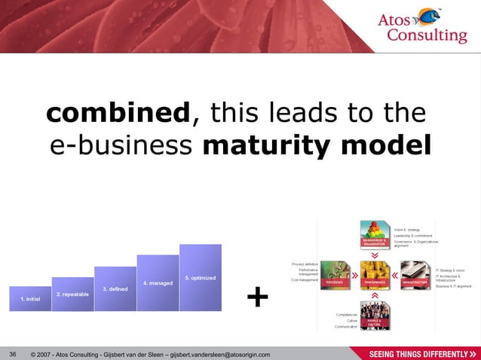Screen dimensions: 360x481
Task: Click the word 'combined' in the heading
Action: pyautogui.click(x=117, y=114)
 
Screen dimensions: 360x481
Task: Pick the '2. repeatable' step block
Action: pyautogui.click(x=72, y=294)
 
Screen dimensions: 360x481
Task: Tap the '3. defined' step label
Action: pyautogui.click(x=115, y=289)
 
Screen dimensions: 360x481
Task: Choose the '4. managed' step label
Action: pyautogui.click(x=158, y=283)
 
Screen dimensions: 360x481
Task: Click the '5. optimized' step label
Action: pyautogui.click(x=200, y=278)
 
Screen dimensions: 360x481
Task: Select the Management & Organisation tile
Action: pyautogui.click(x=375, y=234)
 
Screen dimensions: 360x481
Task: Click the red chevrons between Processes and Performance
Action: pyautogui.click(x=354, y=276)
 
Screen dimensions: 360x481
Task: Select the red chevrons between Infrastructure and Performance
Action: pyautogui.click(x=396, y=276)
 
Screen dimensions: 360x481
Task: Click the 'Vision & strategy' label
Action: pyautogui.click(x=406, y=229)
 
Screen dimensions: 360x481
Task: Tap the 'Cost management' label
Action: pyautogui.click(x=304, y=280)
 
